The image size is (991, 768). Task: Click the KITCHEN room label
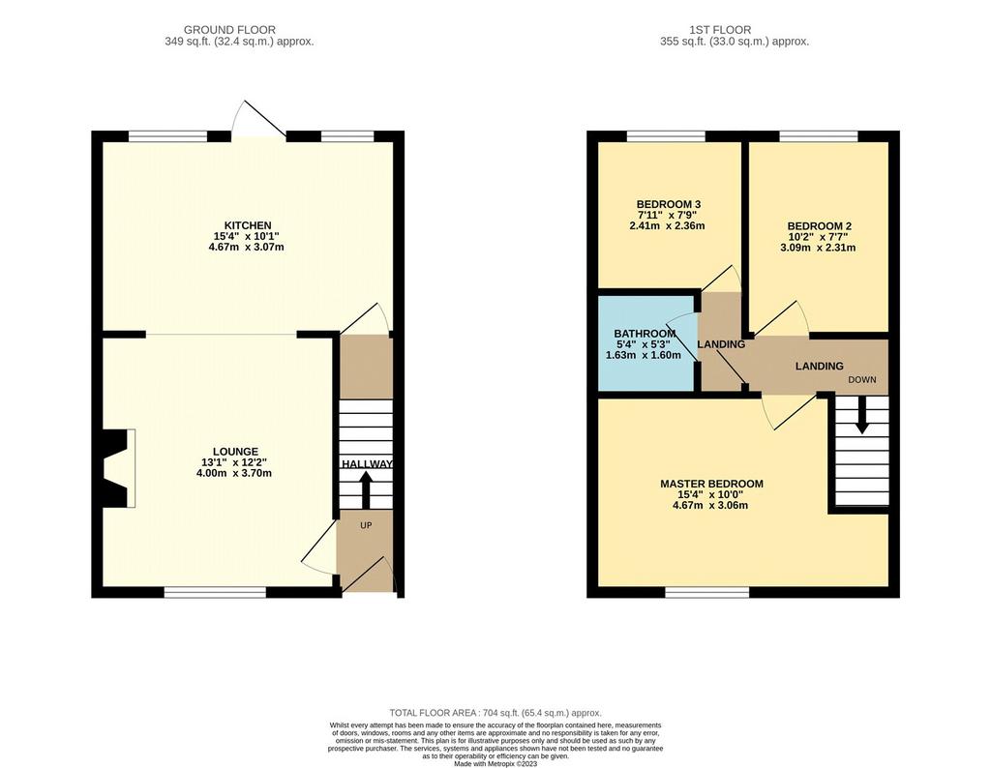click(x=248, y=225)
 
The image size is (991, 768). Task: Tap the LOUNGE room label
click(x=235, y=452)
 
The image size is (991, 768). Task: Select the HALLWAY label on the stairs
click(x=367, y=464)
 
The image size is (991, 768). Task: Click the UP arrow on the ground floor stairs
click(x=365, y=490)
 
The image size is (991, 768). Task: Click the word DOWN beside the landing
click(x=862, y=379)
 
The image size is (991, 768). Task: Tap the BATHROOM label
click(x=645, y=334)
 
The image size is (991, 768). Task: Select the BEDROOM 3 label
click(x=668, y=205)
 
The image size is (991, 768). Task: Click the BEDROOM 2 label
click(x=819, y=226)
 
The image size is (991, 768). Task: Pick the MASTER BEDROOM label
click(x=711, y=484)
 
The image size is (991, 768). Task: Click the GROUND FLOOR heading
click(x=229, y=30)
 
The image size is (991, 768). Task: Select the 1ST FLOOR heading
click(x=720, y=30)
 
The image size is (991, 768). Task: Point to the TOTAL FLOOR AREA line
click(x=495, y=713)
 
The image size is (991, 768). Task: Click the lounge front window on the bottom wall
click(x=215, y=592)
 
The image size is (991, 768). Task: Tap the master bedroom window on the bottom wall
click(x=706, y=592)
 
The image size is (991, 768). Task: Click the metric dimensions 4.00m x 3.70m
click(x=234, y=473)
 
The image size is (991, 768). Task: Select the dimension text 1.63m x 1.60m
click(x=644, y=355)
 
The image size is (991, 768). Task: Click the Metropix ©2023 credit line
click(x=495, y=763)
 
